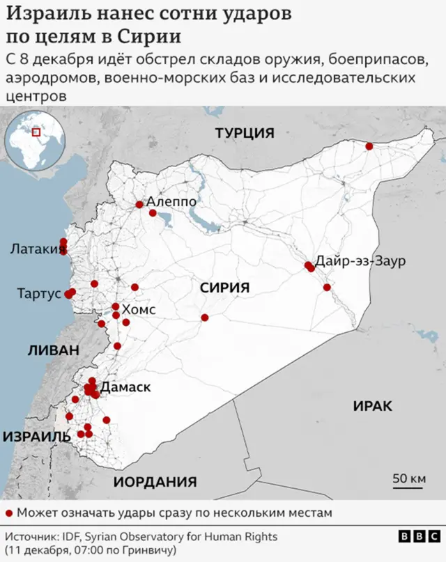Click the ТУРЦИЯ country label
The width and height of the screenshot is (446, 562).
[x=245, y=133]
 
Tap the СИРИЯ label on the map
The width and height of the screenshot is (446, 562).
[x=224, y=288]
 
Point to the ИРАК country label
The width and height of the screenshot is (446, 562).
[x=373, y=406]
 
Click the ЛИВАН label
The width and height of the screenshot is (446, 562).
[x=54, y=350]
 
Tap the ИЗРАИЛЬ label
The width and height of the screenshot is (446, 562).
[x=37, y=437]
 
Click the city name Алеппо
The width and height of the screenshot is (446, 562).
[x=171, y=202]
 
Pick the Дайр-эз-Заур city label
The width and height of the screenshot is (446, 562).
[x=360, y=262]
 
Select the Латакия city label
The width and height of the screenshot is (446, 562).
[x=33, y=249]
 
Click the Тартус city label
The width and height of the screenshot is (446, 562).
[x=39, y=294]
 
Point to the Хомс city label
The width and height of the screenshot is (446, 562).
[x=139, y=309]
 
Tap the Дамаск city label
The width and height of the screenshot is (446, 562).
[x=126, y=387]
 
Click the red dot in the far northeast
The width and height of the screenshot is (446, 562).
[x=369, y=146]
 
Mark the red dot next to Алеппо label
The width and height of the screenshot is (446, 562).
[x=139, y=205]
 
